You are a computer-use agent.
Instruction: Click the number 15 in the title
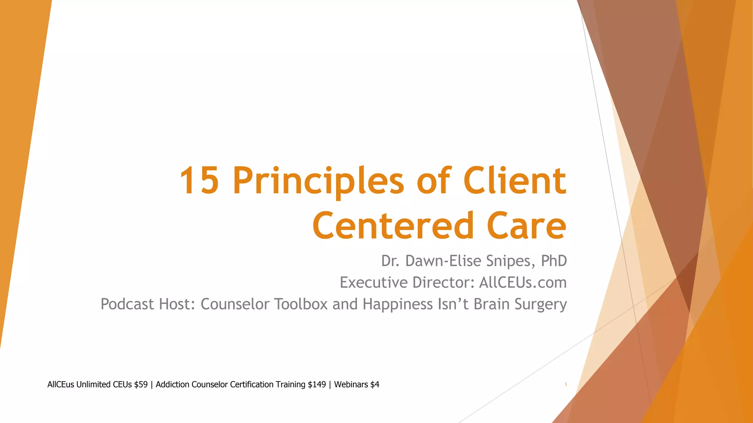200,181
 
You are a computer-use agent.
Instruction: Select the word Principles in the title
318,181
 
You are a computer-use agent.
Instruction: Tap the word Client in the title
514,181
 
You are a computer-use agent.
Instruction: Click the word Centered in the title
393,225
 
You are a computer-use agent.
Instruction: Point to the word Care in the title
527,225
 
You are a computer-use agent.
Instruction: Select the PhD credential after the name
554,261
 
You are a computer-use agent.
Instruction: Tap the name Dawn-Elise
443,261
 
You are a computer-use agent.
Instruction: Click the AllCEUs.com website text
523,283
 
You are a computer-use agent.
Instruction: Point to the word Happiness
397,304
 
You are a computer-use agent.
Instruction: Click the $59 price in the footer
141,384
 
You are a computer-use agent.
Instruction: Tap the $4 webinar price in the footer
374,384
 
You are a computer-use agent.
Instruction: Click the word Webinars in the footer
351,384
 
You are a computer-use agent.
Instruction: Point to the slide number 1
566,384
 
